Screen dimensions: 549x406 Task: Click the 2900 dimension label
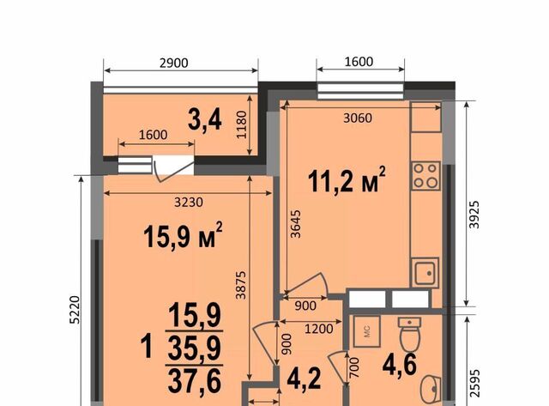pos(173,63)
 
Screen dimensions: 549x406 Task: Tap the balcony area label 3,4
pos(205,120)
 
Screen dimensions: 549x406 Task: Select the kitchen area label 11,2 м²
pos(347,180)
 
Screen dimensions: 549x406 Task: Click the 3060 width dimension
pos(358,118)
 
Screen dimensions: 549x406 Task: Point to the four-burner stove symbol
pos(425,176)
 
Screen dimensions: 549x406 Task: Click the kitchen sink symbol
pos(425,273)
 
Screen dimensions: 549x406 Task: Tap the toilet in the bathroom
pos(410,335)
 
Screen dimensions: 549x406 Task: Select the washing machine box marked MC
pos(366,331)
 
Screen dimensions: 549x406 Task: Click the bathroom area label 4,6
pos(400,365)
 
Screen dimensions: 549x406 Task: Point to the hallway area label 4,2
pos(304,379)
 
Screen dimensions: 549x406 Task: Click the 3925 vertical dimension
pos(474,215)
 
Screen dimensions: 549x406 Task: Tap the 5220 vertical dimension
pos(75,310)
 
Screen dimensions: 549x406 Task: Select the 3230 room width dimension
pos(189,202)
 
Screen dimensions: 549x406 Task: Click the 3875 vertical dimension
pos(241,285)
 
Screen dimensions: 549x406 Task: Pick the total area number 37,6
pos(195,381)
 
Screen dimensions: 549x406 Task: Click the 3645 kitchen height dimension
pos(296,224)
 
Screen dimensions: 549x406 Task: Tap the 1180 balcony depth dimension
pos(242,125)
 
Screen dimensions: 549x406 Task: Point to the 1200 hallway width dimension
pos(318,329)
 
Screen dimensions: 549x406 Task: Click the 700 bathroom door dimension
pos(354,367)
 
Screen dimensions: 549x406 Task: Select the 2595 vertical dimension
pos(474,384)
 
